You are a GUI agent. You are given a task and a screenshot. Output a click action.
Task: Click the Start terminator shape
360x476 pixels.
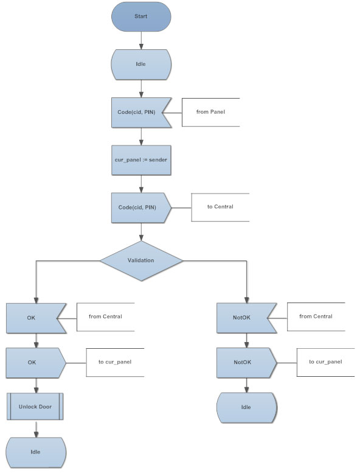coord(141,16)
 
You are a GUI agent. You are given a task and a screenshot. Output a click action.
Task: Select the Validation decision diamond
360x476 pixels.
coord(141,261)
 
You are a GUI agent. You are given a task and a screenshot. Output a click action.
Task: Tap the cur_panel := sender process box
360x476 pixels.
coord(141,160)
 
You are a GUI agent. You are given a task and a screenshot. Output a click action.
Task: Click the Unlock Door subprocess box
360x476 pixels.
coord(35,407)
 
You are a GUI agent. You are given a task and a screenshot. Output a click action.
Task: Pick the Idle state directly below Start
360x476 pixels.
coord(141,65)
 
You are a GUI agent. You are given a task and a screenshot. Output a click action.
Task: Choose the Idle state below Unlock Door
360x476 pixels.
coord(36,452)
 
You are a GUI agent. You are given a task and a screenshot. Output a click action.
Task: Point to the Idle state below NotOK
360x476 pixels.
coord(246,408)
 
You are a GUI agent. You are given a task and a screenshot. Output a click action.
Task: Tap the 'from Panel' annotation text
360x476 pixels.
coord(210,112)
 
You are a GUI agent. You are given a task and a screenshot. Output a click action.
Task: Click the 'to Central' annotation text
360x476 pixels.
coord(220,207)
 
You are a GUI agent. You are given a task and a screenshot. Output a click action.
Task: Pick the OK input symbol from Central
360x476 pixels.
coord(33,318)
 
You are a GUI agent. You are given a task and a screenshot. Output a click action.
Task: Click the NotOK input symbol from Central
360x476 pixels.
coord(243,318)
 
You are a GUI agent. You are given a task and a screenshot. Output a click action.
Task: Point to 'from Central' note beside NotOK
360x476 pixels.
coord(316,317)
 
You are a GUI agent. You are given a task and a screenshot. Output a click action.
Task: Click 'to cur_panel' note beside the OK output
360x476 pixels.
coord(115,362)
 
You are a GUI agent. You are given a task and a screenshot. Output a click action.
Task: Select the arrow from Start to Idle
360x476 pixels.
coord(141,40)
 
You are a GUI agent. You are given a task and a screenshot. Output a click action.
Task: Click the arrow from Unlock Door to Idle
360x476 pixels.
coord(36,429)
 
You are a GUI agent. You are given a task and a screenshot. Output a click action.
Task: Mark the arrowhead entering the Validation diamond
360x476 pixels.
coord(141,238)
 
